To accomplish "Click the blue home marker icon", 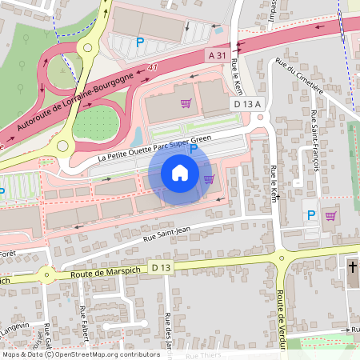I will (x=180, y=173).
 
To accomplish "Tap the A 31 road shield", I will (x=217, y=55).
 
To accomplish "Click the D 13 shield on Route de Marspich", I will (x=161, y=266).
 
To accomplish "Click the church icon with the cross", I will (x=352, y=266).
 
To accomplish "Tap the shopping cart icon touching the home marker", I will (x=210, y=179).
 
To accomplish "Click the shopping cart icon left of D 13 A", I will (x=186, y=103).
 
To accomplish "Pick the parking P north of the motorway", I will (x=141, y=42).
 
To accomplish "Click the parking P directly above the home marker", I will (x=194, y=149).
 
